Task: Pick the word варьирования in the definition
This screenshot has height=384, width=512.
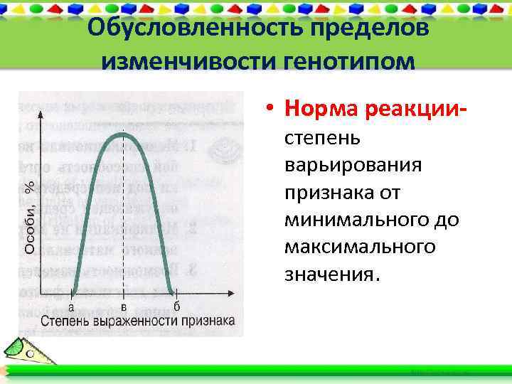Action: click(353, 165)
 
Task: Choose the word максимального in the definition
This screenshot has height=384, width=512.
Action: click(360, 247)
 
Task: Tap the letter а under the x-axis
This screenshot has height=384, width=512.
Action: click(71, 307)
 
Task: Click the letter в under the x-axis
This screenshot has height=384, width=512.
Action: click(124, 307)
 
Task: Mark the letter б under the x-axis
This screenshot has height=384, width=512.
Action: click(176, 307)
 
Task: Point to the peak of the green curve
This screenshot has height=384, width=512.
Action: click(124, 134)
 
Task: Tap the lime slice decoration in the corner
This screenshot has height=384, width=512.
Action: click(16, 348)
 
